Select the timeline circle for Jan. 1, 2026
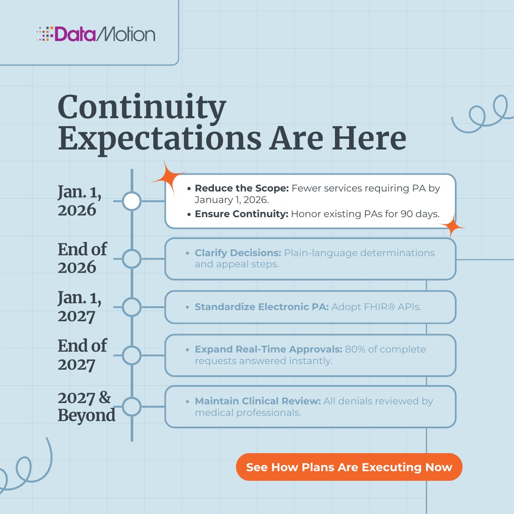pyautogui.click(x=131, y=201)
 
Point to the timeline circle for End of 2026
pyautogui.click(x=131, y=259)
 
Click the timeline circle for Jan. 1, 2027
pyautogui.click(x=131, y=307)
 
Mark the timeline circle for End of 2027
pyautogui.click(x=131, y=355)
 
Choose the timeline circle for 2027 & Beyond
pyautogui.click(x=131, y=406)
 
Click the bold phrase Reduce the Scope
pyautogui.click(x=242, y=188)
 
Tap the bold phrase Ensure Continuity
pyautogui.click(x=241, y=214)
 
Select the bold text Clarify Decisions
pyautogui.click(x=238, y=253)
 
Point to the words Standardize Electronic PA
pyautogui.click(x=261, y=307)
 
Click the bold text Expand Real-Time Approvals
pyautogui.click(x=268, y=349)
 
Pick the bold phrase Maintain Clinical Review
pyautogui.click(x=257, y=401)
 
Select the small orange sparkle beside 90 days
pyautogui.click(x=451, y=226)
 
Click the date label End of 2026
pyautogui.click(x=82, y=258)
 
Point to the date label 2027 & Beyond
pyautogui.click(x=86, y=406)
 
